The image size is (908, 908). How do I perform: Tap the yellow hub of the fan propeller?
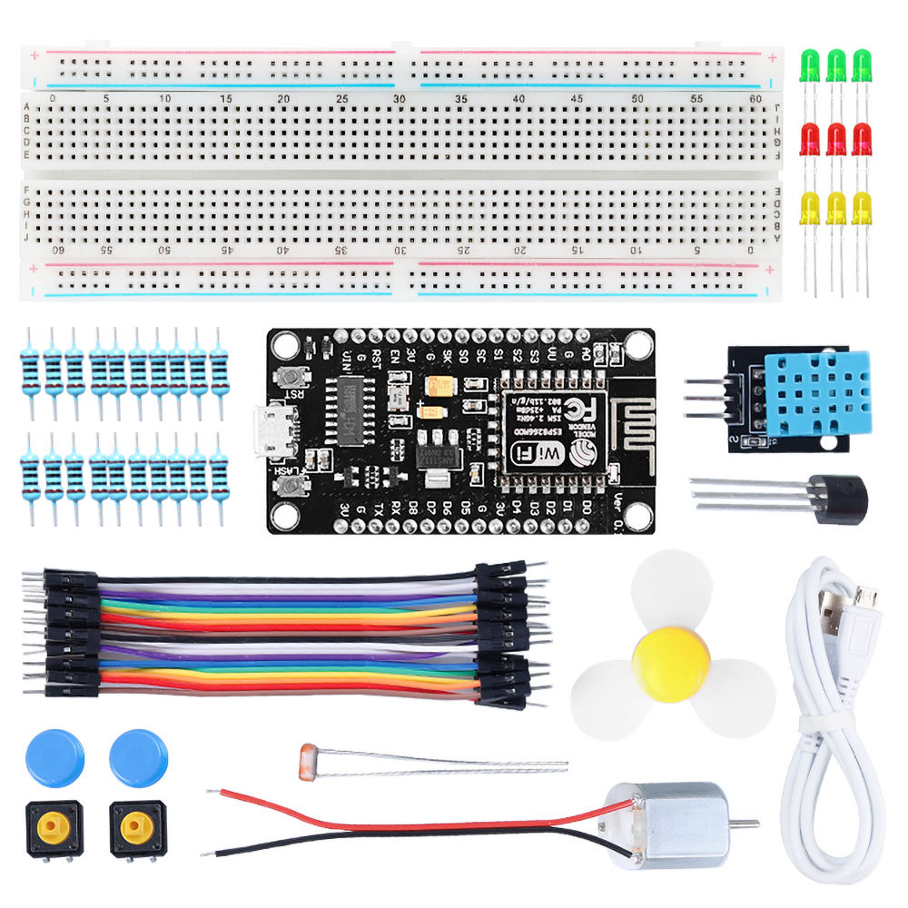tap(672, 666)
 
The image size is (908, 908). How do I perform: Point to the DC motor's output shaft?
tap(745, 824)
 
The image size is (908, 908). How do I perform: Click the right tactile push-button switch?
tap(137, 826)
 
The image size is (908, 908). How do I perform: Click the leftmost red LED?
tap(809, 139)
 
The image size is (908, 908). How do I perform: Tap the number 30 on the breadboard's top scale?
tap(400, 99)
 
